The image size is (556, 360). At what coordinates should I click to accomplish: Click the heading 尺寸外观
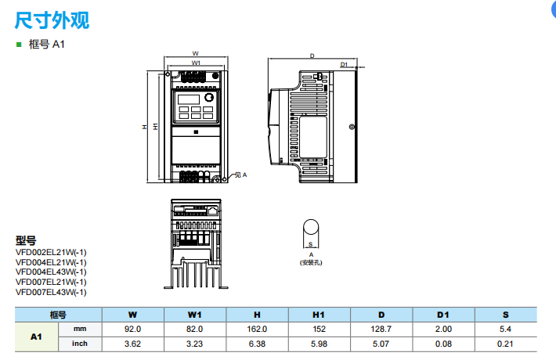coord(52,20)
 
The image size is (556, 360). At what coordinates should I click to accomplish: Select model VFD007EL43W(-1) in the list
coord(51,292)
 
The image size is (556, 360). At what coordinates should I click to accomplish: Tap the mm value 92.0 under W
coord(132,329)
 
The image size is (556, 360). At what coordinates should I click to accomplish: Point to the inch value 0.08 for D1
coord(443,344)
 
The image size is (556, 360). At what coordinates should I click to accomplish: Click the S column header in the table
coord(505,315)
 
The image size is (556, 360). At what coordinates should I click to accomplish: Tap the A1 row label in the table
coord(35,337)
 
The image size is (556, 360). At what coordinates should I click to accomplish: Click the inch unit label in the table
coord(80,344)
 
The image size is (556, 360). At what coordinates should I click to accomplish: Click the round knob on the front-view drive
coord(210,99)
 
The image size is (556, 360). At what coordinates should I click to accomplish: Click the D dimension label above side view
coord(312,56)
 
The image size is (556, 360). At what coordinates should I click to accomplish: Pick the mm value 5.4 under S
coord(505,329)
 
